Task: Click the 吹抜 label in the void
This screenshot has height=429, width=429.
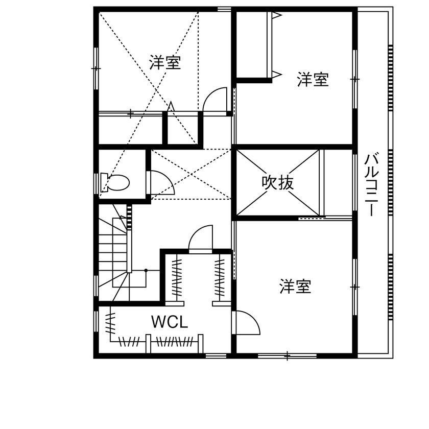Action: click(278, 182)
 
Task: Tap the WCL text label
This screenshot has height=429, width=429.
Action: click(170, 322)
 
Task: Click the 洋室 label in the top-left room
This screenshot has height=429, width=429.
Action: click(165, 63)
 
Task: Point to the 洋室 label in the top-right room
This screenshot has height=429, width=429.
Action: click(313, 80)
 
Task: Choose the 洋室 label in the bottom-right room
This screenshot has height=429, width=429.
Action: click(295, 287)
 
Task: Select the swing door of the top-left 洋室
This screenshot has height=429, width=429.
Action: click(215, 99)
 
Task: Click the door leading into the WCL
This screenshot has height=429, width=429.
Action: click(201, 239)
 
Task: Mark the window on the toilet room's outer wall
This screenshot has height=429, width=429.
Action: click(96, 183)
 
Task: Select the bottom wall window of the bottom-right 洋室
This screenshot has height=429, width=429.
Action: click(287, 355)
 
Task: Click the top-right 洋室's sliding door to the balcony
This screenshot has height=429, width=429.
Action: click(354, 79)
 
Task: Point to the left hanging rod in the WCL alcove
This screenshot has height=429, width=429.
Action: click(177, 278)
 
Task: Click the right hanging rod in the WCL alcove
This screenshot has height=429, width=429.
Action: click(220, 278)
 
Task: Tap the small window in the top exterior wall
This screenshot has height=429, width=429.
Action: click(224, 9)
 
